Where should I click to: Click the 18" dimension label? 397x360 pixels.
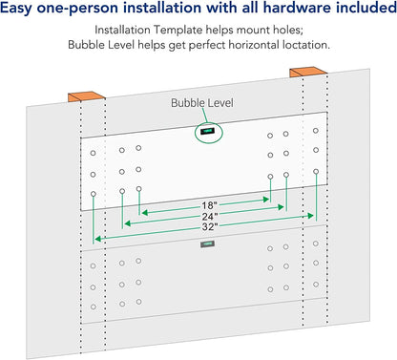(x=209, y=205)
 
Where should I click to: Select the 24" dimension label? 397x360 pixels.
(x=210, y=217)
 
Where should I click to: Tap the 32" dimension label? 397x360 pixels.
(x=210, y=227)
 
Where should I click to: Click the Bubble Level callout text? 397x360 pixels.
(x=202, y=103)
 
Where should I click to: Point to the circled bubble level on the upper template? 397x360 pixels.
(x=207, y=131)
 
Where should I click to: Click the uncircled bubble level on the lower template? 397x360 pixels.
(x=207, y=244)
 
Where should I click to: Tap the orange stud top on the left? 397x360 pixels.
(x=86, y=96)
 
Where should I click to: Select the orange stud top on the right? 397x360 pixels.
(x=308, y=72)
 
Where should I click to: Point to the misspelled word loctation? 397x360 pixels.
(x=306, y=45)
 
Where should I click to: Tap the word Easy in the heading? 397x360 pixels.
(x=16, y=9)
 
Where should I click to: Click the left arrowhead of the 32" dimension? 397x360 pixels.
(x=98, y=239)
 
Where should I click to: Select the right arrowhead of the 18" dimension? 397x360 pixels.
(x=266, y=200)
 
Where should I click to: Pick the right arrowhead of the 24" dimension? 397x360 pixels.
(x=281, y=207)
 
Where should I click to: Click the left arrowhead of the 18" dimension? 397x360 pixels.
(x=145, y=212)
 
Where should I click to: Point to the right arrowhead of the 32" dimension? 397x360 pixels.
(x=310, y=216)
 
